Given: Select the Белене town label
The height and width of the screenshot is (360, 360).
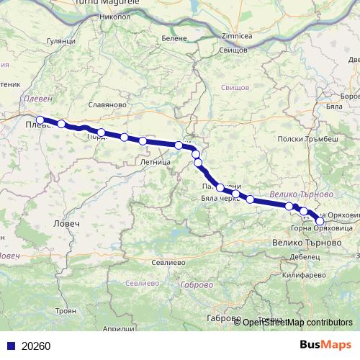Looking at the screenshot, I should [174, 37].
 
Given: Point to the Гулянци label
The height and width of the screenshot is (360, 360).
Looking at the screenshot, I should [60, 42].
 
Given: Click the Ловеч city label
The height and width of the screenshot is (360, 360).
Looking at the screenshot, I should [66, 225].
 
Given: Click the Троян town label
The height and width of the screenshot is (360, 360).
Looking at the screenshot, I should [65, 310].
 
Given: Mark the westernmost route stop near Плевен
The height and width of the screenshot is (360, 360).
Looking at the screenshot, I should [40, 120].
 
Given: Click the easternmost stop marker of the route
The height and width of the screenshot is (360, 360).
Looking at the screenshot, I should [320, 220].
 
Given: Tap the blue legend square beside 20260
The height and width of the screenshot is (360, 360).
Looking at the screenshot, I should [10, 346].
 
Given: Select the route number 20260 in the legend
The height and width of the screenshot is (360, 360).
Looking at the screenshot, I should [36, 346].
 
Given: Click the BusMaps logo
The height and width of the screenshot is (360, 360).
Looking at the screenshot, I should [323, 345].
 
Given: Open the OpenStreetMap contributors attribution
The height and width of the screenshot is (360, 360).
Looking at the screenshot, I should [297, 323].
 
